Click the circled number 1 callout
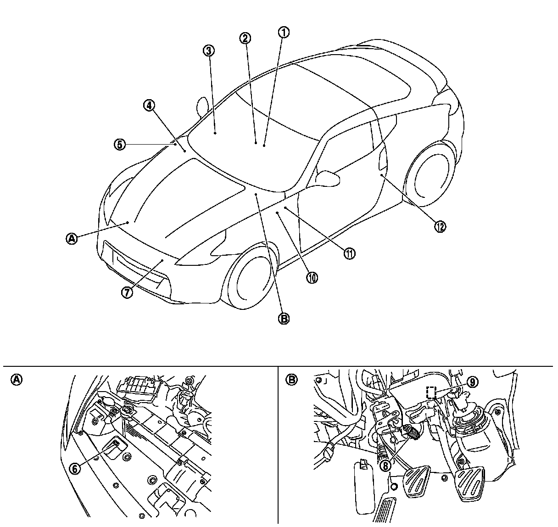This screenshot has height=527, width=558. pyautogui.click(x=284, y=32)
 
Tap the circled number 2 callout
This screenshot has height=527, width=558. pyautogui.click(x=246, y=38)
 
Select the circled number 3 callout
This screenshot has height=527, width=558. pyautogui.click(x=208, y=50)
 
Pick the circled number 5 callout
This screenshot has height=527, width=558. pyautogui.click(x=119, y=144)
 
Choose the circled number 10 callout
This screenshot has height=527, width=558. pyautogui.click(x=312, y=277)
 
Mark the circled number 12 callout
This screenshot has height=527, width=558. pyautogui.click(x=440, y=226)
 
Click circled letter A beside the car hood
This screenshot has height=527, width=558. pyautogui.click(x=72, y=238)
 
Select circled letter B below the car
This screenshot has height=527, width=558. pyautogui.click(x=284, y=319)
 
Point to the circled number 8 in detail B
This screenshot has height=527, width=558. pyautogui.click(x=385, y=465)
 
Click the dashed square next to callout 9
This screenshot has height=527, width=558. pyautogui.click(x=431, y=392)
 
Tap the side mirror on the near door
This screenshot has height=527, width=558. pyautogui.click(x=329, y=178)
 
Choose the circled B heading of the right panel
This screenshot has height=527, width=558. pyautogui.click(x=291, y=379)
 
